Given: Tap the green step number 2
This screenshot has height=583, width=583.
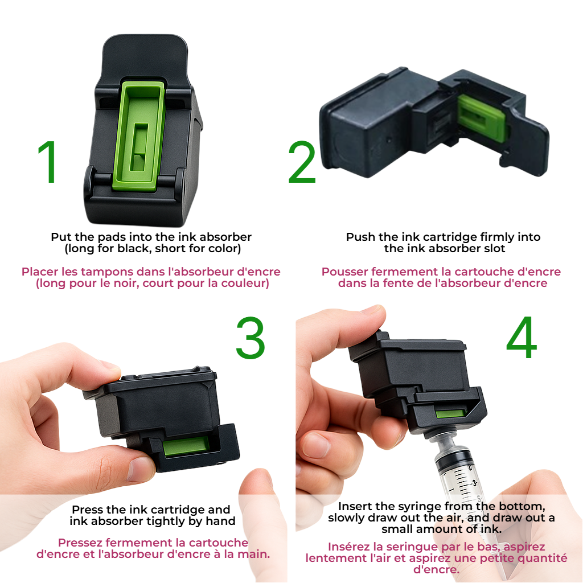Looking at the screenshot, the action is pos(302,162).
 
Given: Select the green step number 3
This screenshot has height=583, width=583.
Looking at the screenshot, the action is pos(251,338).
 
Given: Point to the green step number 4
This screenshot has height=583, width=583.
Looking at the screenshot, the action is pos(522,337).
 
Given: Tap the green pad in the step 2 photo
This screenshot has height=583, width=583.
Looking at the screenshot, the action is pos(482,118).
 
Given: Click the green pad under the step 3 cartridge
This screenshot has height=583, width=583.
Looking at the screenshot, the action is pos(186,446).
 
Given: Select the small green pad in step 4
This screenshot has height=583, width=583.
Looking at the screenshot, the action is pos(450,414).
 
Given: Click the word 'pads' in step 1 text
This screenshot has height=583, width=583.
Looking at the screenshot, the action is pos(112,237).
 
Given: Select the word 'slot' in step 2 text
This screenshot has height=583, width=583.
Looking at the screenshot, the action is pos(495,248).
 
